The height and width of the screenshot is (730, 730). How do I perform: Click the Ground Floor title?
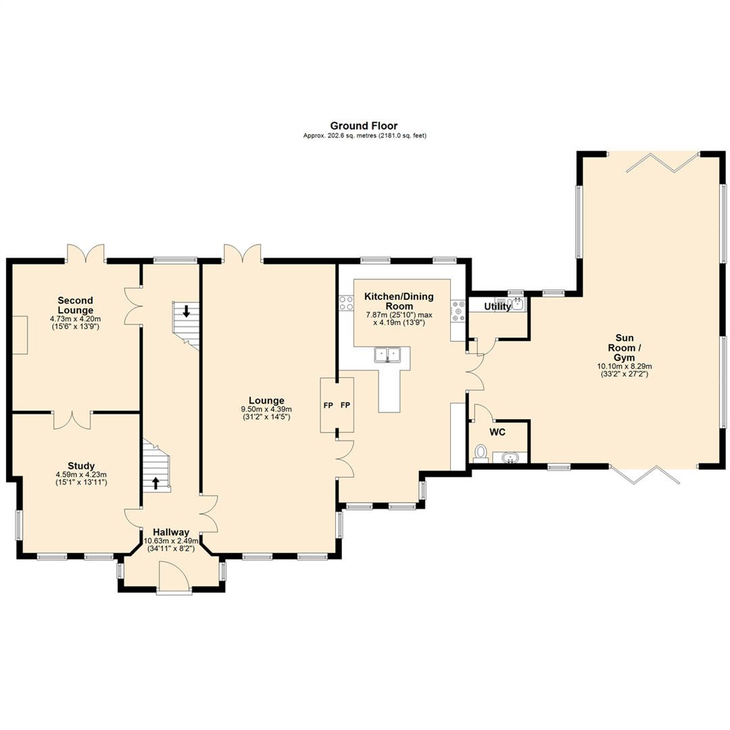pos(364,126)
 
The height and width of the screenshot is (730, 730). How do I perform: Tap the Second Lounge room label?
pos(75,305)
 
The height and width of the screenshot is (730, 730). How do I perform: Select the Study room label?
pos(81,466)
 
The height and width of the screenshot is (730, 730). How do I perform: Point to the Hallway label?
pos(170,532)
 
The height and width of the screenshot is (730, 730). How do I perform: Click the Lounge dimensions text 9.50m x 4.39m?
pos(266,410)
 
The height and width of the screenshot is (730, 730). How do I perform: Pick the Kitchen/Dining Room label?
pos(399,301)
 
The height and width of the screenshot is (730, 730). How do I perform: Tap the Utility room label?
pos(497,307)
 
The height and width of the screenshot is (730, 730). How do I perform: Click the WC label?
pos(498,432)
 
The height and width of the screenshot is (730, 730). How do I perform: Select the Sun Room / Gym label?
pos(624,347)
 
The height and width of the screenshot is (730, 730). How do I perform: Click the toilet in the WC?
pos(481,452)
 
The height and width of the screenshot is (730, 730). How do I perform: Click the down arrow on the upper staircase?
pos(187,312)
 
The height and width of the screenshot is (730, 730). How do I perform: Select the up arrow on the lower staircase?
pos(156,483)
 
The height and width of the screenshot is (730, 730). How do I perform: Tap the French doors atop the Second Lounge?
pos(85,253)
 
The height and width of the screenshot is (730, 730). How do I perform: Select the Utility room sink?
pos(517,303)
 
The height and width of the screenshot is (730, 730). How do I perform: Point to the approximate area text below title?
pos(364,136)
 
